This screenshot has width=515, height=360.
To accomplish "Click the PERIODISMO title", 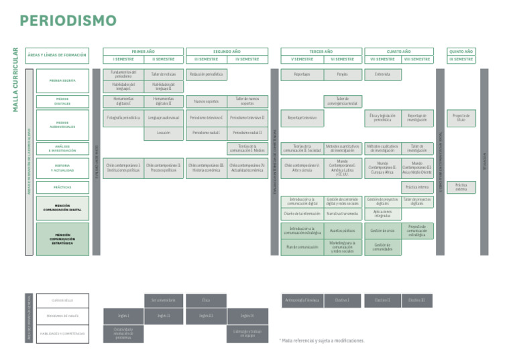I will pos(68,21).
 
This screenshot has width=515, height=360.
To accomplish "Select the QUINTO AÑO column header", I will pos(461,51).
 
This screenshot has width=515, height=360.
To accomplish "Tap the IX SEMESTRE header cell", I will pos(461,59).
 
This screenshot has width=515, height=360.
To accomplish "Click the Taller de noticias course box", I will pos(164,74).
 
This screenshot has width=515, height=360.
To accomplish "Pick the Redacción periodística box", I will pos(205,74).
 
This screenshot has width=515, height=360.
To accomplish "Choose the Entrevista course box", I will pos(382,74).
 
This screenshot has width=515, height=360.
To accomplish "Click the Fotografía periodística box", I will pos(123,117).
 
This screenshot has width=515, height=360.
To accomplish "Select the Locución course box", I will pos(164,133).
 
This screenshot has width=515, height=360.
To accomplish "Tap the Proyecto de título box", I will pos(461,117).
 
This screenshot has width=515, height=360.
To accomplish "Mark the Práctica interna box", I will pos(417,187).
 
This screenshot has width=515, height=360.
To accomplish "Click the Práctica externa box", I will pos(461,187).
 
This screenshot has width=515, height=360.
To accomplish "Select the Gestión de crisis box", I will pos(382,231).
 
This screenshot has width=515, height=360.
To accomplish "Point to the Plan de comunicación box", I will pos(302,247).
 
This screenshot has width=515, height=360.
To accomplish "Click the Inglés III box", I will pos(205,315).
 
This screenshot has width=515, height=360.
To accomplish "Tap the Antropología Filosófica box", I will pos(302,300).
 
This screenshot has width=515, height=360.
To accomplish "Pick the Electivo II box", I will pos(382,300).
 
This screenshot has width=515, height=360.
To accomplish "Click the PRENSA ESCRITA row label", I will pos(62,80).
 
